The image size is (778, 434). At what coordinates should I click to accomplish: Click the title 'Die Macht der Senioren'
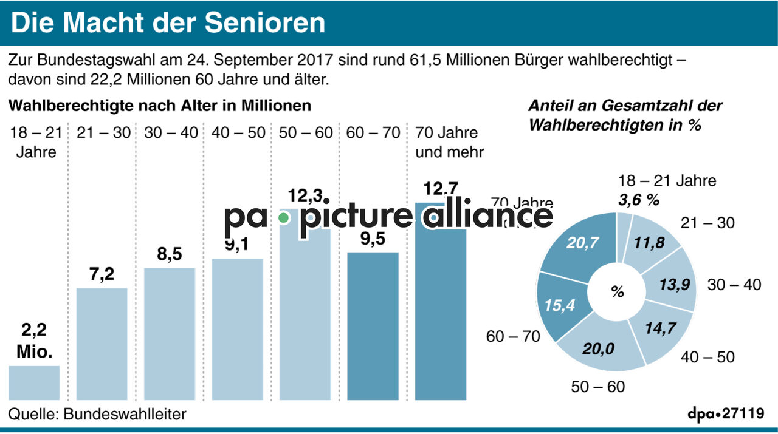(168, 22)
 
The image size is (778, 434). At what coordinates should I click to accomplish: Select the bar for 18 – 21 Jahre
(34, 382)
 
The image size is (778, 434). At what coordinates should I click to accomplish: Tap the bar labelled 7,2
(102, 344)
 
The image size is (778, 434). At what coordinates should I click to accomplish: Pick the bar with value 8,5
(170, 334)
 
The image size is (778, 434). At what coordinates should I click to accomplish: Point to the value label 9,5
(373, 239)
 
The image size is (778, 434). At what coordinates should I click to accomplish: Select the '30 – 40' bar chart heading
(171, 132)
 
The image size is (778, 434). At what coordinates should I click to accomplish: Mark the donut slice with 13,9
(675, 284)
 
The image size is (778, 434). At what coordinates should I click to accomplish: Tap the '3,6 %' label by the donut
(638, 200)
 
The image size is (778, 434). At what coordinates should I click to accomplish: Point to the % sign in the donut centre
(618, 292)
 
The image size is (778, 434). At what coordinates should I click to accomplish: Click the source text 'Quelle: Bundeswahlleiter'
(97, 414)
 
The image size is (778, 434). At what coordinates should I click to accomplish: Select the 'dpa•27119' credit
(725, 414)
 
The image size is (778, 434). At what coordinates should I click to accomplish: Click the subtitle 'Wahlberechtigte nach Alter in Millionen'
(159, 106)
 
